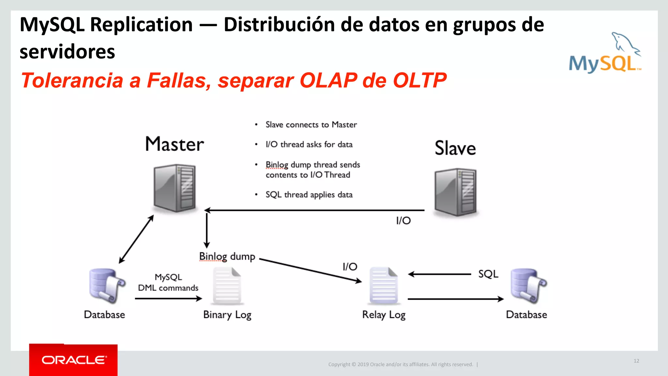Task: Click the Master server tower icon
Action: tap(175, 188)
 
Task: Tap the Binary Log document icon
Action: tap(227, 286)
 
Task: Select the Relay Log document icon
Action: tap(384, 286)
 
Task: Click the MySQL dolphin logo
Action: tap(605, 53)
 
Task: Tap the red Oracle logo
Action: tap(73, 360)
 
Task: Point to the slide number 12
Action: tap(636, 361)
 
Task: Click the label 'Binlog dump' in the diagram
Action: tap(227, 257)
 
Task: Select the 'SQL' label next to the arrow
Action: tap(488, 274)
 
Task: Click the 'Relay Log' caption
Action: tap(384, 315)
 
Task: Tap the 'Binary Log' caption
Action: tap(227, 315)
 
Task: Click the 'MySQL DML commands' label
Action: tap(168, 282)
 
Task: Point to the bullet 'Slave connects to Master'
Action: tap(311, 125)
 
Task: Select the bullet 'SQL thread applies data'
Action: tap(309, 195)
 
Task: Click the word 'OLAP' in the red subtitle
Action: tap(328, 80)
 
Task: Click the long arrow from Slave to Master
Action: tap(315, 210)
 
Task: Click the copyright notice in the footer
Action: tap(401, 364)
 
